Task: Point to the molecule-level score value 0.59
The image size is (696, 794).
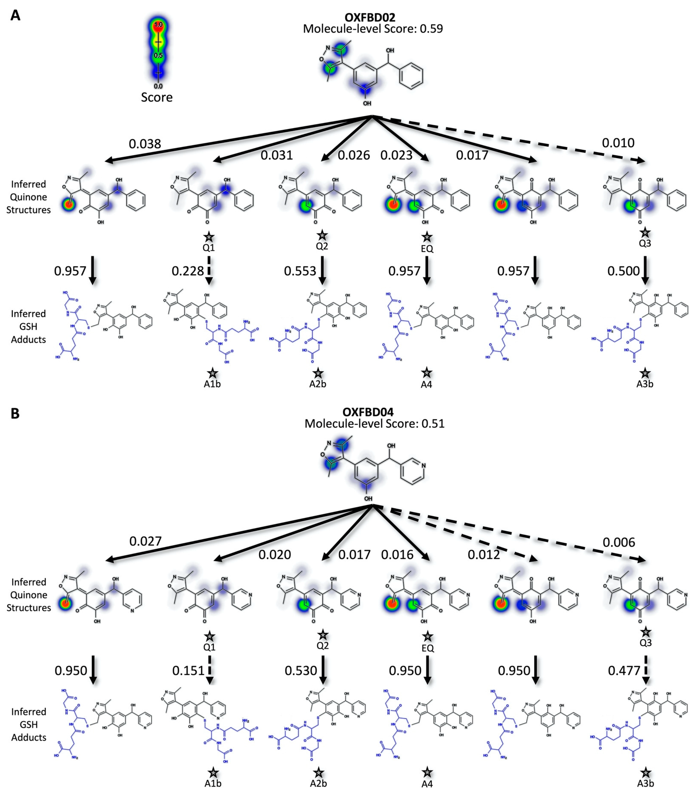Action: (x=431, y=29)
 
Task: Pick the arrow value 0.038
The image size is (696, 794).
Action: (x=145, y=144)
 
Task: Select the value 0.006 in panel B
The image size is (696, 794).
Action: (x=619, y=542)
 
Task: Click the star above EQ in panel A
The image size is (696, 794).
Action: (x=427, y=236)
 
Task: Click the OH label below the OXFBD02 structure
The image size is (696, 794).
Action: (x=367, y=103)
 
